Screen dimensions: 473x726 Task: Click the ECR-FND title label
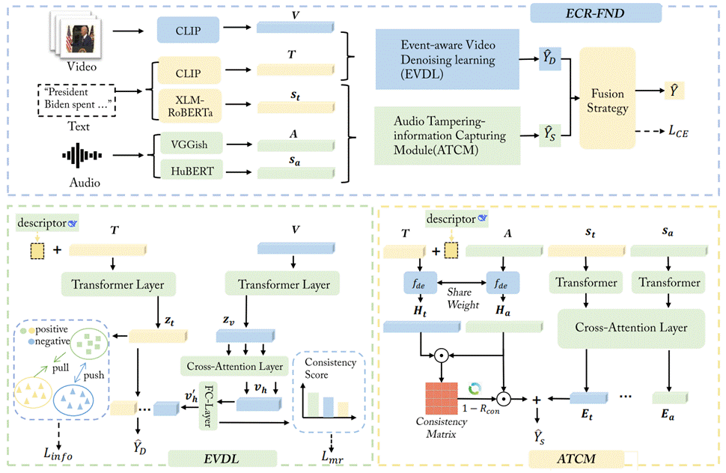tap(595, 12)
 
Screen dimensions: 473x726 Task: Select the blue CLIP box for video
tap(188, 31)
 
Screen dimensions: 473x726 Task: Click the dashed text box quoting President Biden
tap(79, 99)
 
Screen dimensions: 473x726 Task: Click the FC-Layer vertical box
tap(207, 406)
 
